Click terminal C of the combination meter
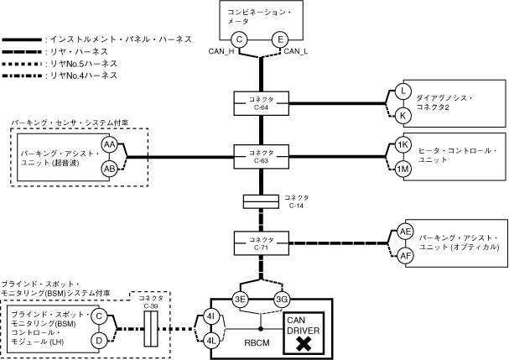239,39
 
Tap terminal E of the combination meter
279,39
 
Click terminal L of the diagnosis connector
403,91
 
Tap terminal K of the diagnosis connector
403,114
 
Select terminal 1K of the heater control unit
403,144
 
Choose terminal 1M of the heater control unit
403,169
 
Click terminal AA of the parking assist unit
109,144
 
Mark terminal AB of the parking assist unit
109,169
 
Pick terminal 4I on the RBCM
211,317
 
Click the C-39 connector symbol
151,329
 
